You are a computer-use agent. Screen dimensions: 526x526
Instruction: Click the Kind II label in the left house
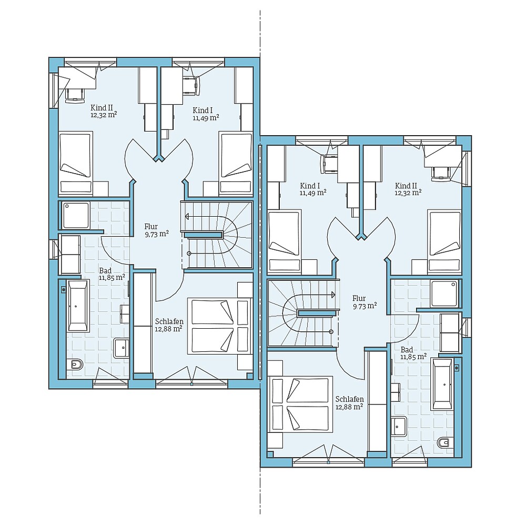point(102,107)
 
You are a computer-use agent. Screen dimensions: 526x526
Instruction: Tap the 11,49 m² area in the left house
point(206,118)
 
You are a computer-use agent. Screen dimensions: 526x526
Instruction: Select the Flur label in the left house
point(151,227)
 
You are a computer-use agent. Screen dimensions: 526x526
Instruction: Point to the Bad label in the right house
point(407,350)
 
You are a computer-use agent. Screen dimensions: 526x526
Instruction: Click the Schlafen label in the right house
point(349,399)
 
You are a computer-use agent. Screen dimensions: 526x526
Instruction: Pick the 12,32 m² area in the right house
point(408,193)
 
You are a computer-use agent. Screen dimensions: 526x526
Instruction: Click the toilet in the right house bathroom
point(445,442)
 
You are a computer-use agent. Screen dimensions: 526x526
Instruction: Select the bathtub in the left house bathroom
point(78,306)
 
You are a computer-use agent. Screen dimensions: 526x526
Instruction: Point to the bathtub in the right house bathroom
point(442,384)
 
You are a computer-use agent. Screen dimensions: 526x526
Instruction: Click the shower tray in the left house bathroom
point(76,215)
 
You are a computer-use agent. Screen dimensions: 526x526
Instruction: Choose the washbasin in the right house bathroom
point(399,426)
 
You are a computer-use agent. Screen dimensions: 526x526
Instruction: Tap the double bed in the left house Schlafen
point(212,326)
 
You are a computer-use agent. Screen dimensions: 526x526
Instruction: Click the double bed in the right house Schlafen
point(300,404)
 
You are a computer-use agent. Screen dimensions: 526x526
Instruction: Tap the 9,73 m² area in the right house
point(365,306)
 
